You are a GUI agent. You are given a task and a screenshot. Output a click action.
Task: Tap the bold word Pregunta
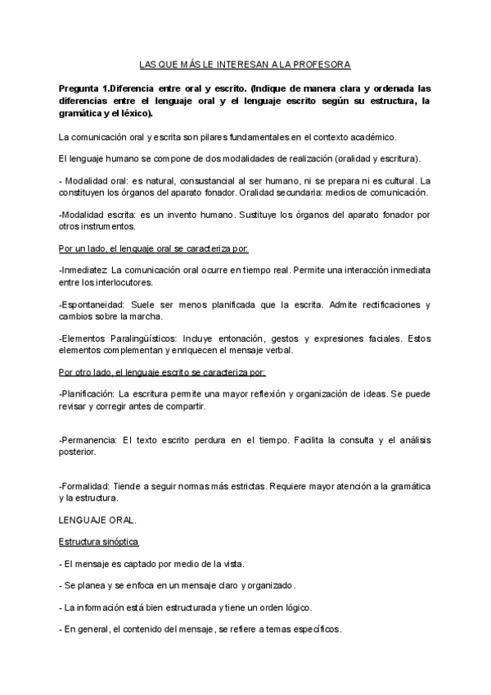click(x=83, y=88)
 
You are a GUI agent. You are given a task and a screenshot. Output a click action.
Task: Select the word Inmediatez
click(x=83, y=270)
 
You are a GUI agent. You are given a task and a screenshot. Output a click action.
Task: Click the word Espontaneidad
click(x=92, y=304)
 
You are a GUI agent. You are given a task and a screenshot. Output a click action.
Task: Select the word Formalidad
click(x=85, y=486)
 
